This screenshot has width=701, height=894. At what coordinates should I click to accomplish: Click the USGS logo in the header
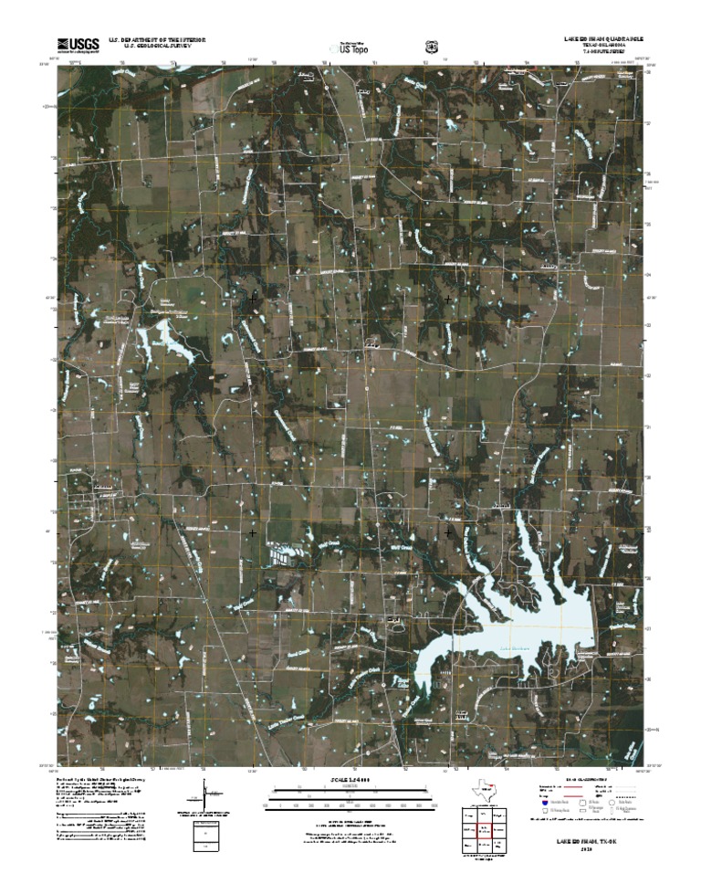click(78, 44)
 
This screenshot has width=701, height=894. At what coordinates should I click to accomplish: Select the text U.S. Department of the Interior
click(157, 40)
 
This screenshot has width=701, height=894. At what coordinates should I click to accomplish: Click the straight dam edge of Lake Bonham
click(594, 630)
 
